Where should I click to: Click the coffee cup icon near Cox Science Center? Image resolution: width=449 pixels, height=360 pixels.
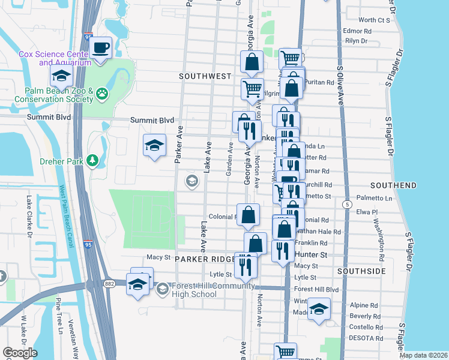coord(101,47)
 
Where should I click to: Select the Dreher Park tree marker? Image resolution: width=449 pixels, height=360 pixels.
coord(92,160)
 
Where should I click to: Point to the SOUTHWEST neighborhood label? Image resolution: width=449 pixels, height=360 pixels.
coord(205,76)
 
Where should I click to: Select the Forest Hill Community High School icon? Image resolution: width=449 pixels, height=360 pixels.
coord(162,290)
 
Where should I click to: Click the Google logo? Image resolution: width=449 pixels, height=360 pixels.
coord(20,353)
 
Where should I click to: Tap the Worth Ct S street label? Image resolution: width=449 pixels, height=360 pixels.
coord(374,20)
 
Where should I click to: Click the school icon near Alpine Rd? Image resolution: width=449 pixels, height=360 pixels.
coord(319,310)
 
